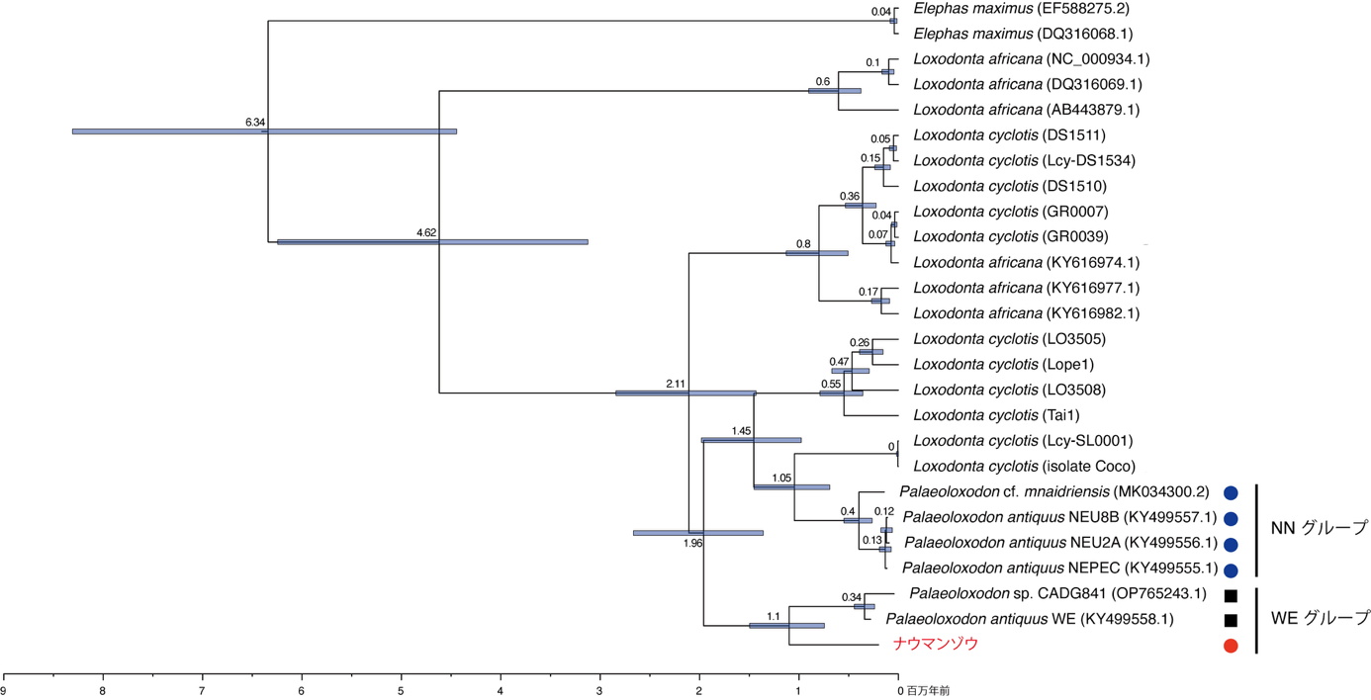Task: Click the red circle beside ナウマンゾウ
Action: click(1231, 647)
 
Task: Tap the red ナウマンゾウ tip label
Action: click(936, 645)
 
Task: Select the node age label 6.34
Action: click(255, 123)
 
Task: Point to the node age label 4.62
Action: click(426, 233)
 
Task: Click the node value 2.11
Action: click(676, 384)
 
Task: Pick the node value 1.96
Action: click(691, 543)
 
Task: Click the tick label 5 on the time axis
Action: click(401, 690)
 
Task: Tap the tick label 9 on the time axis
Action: click(4, 690)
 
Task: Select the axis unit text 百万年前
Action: click(929, 690)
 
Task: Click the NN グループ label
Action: click(1319, 529)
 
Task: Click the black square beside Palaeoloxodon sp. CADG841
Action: click(1231, 595)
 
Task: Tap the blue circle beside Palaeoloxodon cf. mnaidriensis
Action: click(1231, 492)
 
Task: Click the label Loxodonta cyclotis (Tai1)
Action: click(994, 415)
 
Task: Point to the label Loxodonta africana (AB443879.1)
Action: click(1027, 110)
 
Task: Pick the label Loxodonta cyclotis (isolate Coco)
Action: click(1024, 466)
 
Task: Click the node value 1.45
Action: click(742, 431)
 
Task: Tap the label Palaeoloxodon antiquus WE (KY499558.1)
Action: click(1030, 620)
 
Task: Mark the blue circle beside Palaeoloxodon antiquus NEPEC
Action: click(1231, 570)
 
